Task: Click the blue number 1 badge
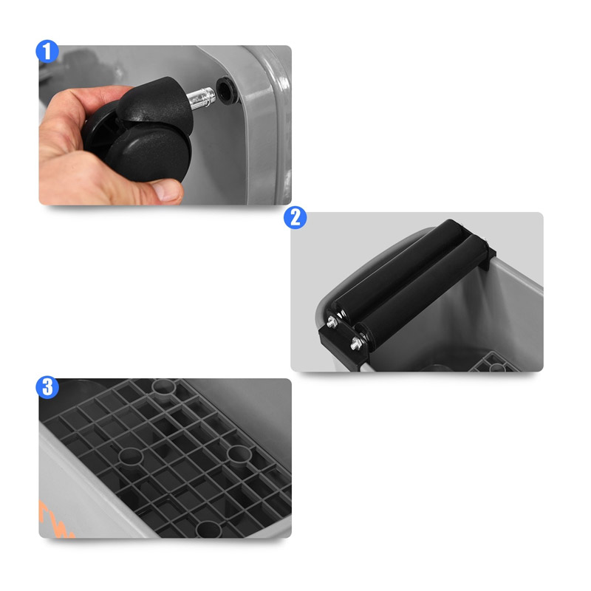[x=47, y=52]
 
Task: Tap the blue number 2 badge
[x=295, y=217]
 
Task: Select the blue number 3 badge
[x=47, y=387]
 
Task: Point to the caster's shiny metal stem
[x=202, y=98]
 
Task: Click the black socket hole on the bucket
[x=225, y=89]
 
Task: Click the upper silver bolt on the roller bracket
[x=332, y=322]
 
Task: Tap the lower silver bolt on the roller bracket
[x=356, y=344]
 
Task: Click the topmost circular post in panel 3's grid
[x=164, y=386]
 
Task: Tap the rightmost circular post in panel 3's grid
[x=239, y=454]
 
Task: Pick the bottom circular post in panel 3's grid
[x=208, y=529]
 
